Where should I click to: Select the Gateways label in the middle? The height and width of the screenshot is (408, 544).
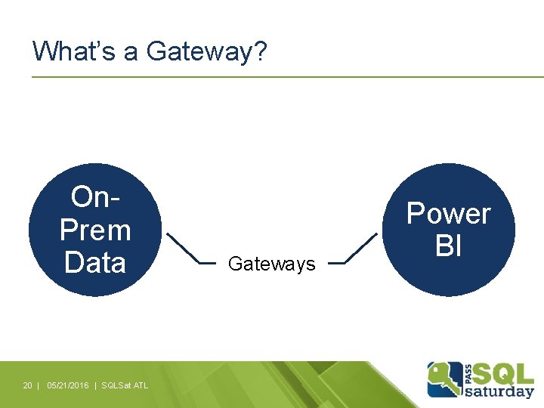[x=271, y=264]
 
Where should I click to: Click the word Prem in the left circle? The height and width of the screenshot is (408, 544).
[x=95, y=230]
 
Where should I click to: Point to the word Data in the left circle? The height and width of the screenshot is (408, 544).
[x=95, y=262]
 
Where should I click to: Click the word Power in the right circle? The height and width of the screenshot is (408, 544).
[x=449, y=214]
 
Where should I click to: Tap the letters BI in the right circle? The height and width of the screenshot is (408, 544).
[x=449, y=246]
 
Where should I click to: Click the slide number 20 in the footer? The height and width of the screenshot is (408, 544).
[x=27, y=385]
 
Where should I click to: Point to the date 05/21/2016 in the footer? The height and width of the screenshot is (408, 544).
[x=67, y=385]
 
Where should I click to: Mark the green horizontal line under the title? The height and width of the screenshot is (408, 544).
[x=287, y=76]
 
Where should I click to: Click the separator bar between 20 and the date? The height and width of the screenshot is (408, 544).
[x=38, y=385]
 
